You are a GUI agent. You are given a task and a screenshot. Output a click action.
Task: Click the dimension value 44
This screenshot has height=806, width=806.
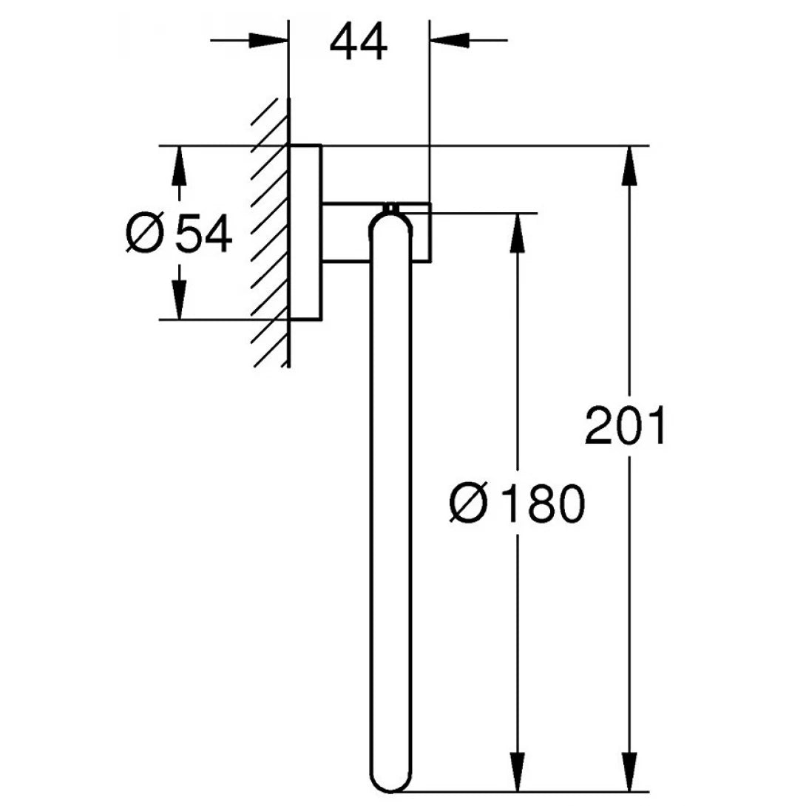[359, 43]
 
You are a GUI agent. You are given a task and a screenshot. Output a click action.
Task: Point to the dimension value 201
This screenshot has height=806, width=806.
[626, 427]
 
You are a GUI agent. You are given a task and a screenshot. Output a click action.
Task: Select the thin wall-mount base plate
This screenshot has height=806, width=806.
[305, 233]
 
